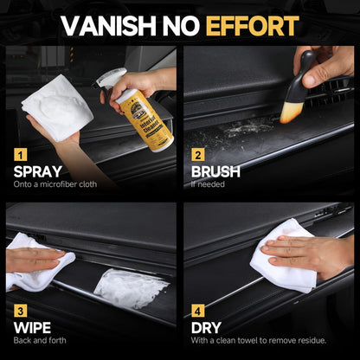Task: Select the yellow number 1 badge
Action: pos(20,157)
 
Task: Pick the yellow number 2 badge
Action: pos(198,157)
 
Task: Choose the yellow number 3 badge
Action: pos(20,309)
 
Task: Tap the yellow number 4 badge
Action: pos(198,309)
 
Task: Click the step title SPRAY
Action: pos(37,171)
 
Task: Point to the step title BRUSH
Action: pos(216,171)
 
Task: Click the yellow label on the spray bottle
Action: pos(136,121)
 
